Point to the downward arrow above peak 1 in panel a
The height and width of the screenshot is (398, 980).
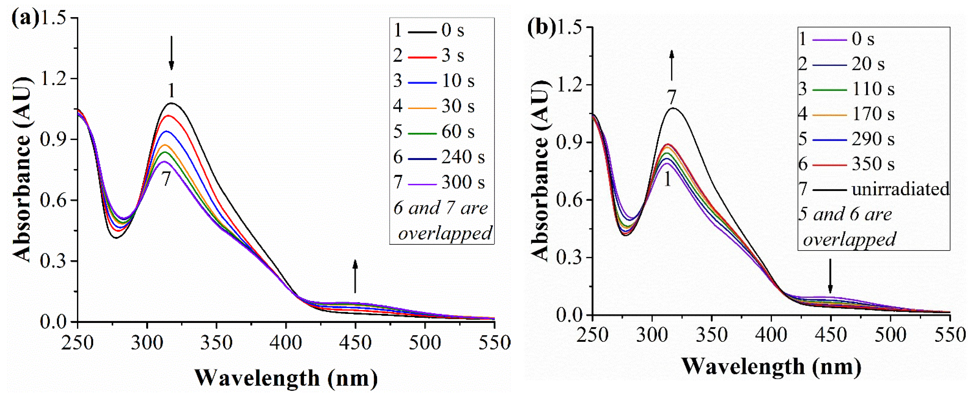click(171, 53)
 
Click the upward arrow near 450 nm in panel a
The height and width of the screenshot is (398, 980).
click(355, 276)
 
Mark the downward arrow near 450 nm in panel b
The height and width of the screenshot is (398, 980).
click(830, 276)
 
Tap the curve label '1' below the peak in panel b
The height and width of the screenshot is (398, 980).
click(668, 179)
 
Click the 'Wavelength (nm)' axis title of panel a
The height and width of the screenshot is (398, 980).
click(286, 378)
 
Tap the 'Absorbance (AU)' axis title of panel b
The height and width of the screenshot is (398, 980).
click(540, 171)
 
